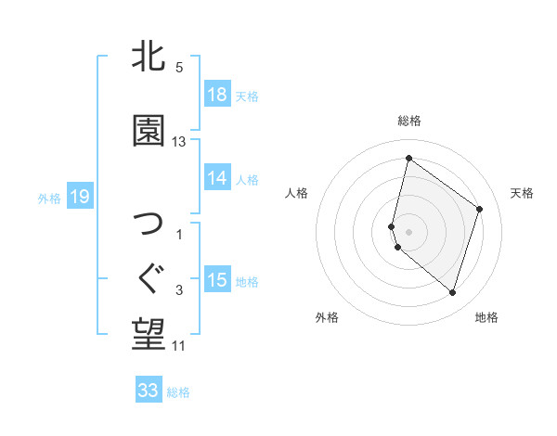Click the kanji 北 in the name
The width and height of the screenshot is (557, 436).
click(149, 57)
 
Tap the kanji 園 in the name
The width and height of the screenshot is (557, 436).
click(149, 131)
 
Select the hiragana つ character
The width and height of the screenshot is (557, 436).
click(149, 224)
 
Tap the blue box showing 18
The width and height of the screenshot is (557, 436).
click(217, 95)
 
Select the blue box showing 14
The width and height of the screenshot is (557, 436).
click(217, 178)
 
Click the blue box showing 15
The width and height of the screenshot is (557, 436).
click(217, 280)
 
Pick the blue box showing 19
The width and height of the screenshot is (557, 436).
click(79, 197)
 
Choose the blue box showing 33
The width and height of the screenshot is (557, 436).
click(149, 391)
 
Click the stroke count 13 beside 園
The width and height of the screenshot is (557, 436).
click(179, 142)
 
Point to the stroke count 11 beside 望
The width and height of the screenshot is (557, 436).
click(179, 346)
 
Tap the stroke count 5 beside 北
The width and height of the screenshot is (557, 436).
click(179, 67)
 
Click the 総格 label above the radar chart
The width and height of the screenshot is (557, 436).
click(409, 121)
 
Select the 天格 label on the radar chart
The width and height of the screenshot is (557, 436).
click(522, 193)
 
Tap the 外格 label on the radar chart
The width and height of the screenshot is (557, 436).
click(327, 317)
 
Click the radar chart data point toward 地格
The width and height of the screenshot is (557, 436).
click(452, 293)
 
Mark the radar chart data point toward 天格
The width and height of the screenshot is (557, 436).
click(480, 209)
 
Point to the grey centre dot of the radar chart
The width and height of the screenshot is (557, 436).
click(409, 231)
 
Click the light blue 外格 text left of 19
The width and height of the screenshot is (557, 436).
click(49, 198)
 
